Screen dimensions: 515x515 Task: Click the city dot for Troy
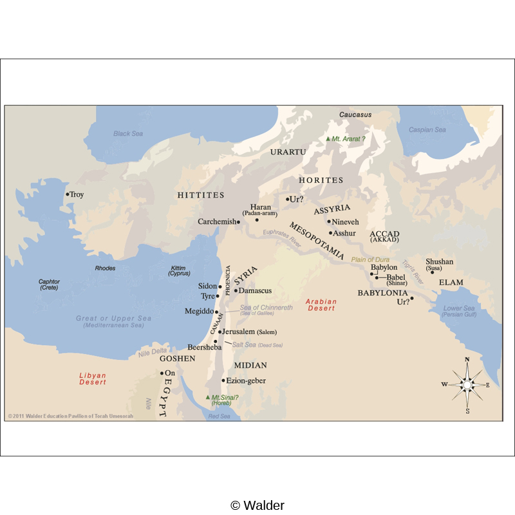(67, 194)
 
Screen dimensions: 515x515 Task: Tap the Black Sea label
(128, 134)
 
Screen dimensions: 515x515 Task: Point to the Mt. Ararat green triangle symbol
(328, 138)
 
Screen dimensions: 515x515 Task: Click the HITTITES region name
(201, 195)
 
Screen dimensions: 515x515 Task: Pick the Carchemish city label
(216, 221)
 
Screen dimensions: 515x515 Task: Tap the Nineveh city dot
(329, 221)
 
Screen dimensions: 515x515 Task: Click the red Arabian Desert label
(321, 304)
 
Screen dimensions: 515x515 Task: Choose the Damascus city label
(255, 291)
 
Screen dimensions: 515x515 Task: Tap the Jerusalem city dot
(220, 332)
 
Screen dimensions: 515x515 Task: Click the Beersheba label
(204, 347)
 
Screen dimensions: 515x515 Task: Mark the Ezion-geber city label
(247, 380)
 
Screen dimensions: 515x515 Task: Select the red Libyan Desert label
(92, 379)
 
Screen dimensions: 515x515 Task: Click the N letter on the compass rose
(467, 359)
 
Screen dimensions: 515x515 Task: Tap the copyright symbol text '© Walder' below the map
(257, 505)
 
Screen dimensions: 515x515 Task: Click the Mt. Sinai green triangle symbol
(207, 397)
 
